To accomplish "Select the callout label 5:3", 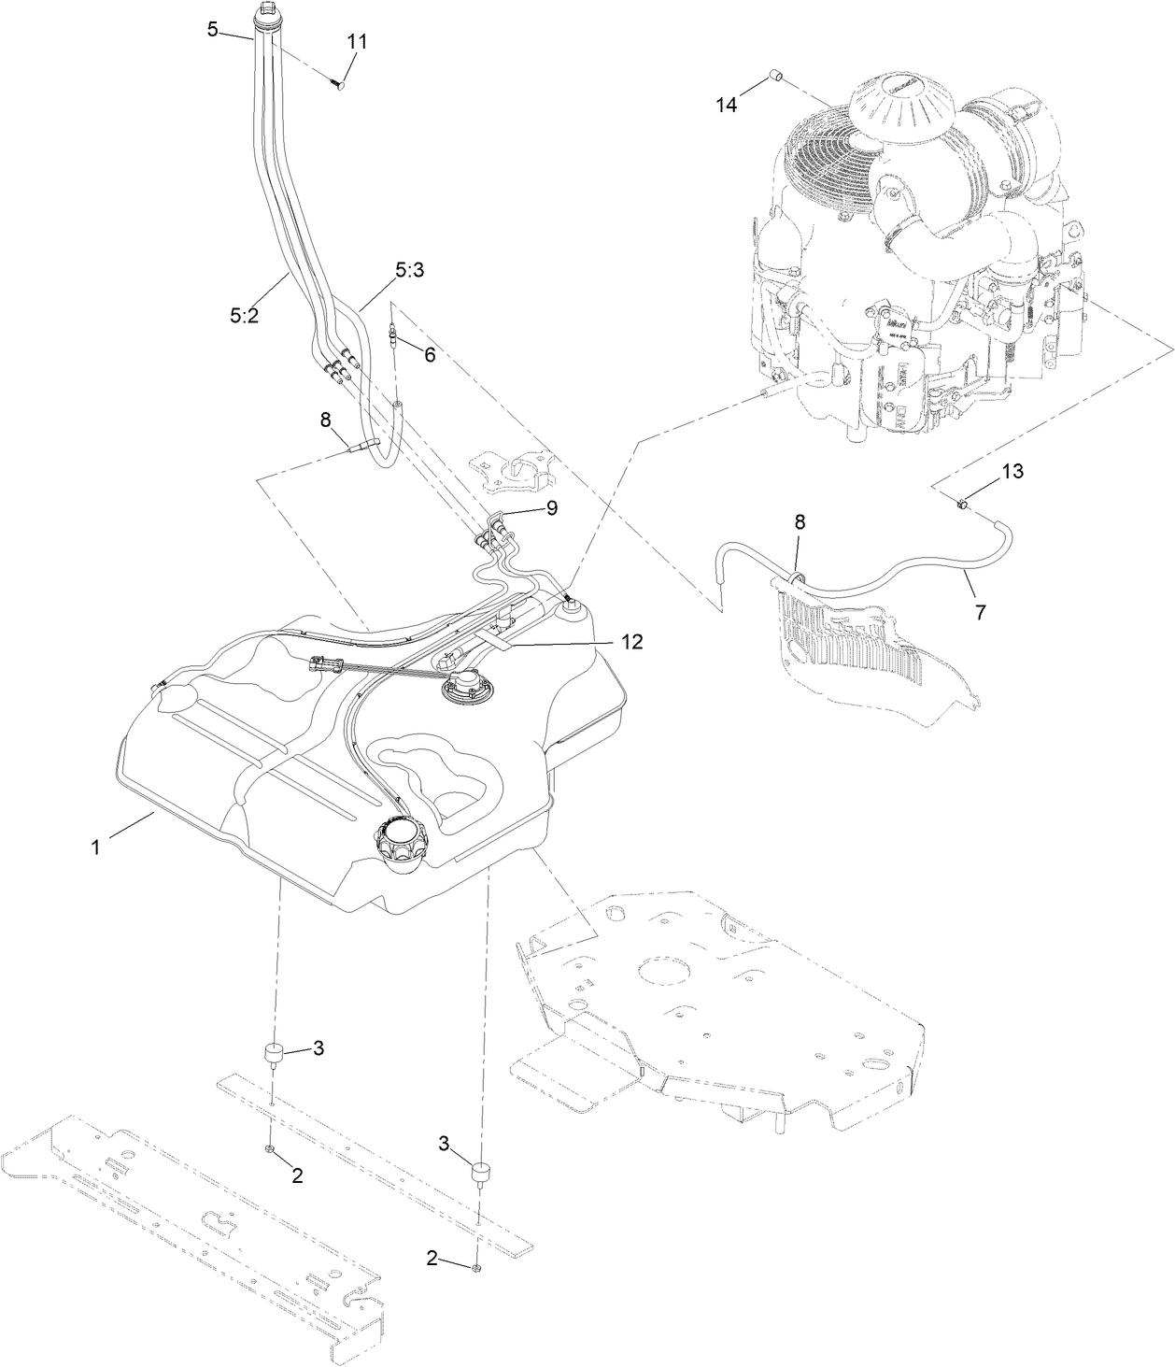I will tap(409, 270).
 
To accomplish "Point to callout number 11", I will tap(357, 42).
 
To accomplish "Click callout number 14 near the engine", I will tap(727, 105).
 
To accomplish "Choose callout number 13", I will tap(1012, 472).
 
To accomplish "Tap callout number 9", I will tap(551, 507).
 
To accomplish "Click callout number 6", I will tap(429, 354).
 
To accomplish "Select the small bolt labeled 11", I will tap(338, 84).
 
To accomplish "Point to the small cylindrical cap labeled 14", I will tap(775, 76).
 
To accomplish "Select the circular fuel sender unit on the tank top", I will tap(457, 689).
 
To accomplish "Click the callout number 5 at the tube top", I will tap(213, 29).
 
